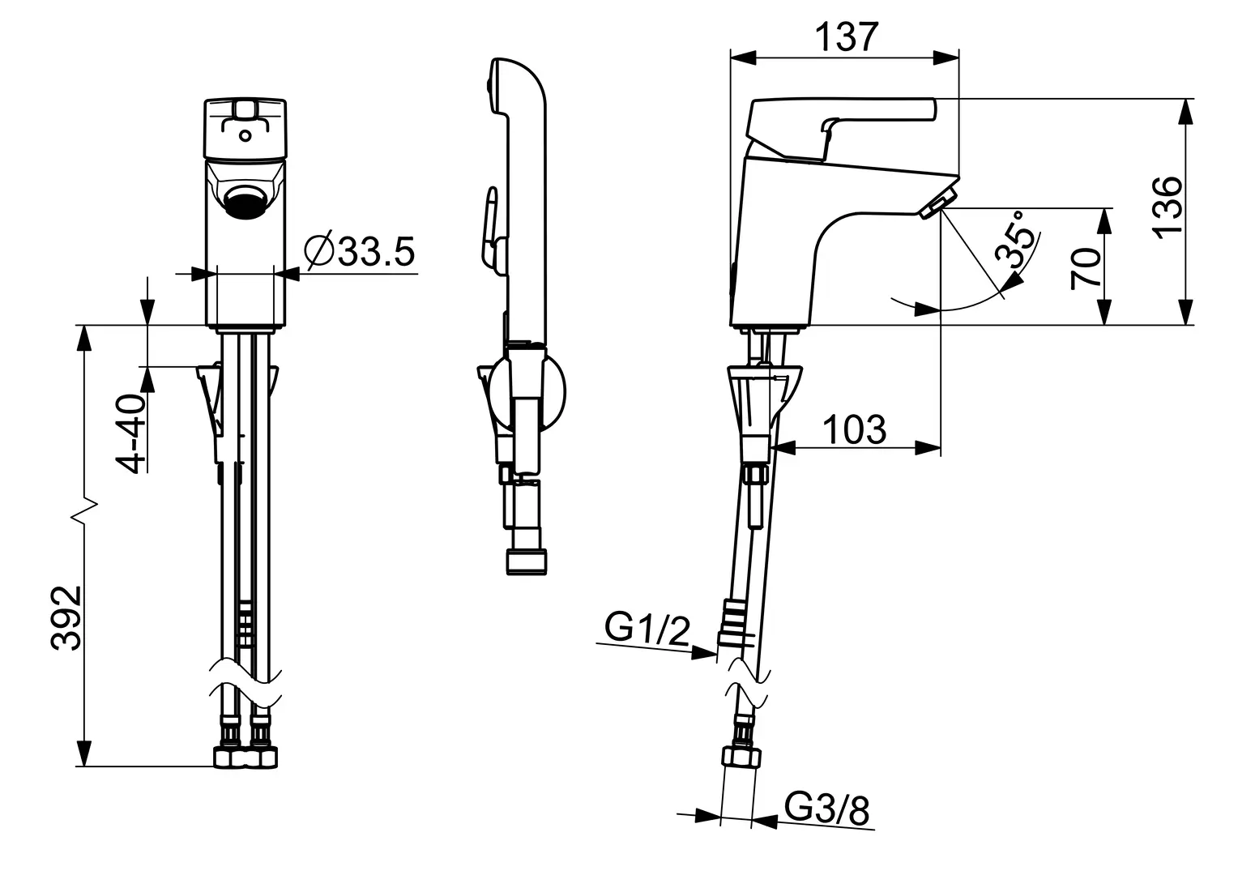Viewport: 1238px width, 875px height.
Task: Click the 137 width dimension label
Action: [x=847, y=37]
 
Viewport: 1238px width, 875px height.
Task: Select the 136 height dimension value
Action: [x=1168, y=208]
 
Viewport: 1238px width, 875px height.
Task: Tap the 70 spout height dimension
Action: [x=1086, y=269]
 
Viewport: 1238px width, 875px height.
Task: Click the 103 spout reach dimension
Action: [x=855, y=429]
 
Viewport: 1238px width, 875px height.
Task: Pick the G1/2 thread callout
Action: [x=647, y=629]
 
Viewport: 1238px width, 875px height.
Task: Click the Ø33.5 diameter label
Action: [x=359, y=251]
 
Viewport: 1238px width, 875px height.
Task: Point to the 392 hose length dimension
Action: [x=66, y=618]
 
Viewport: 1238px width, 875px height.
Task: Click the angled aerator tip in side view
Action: [x=938, y=203]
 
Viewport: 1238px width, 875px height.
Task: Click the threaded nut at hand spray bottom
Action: [x=527, y=561]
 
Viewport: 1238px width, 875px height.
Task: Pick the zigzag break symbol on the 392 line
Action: [x=84, y=512]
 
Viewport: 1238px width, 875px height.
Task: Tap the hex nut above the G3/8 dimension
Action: [x=741, y=756]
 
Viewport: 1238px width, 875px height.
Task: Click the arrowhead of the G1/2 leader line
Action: [x=705, y=653]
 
